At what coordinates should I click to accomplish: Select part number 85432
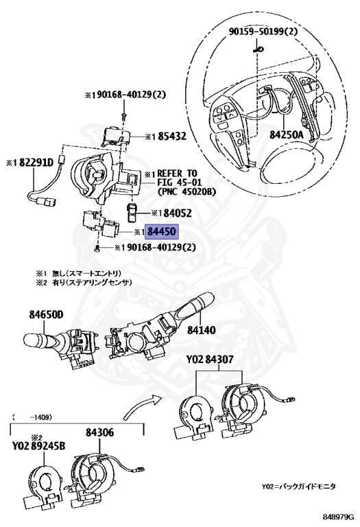point(167,137)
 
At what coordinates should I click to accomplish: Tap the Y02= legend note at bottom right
point(298,486)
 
